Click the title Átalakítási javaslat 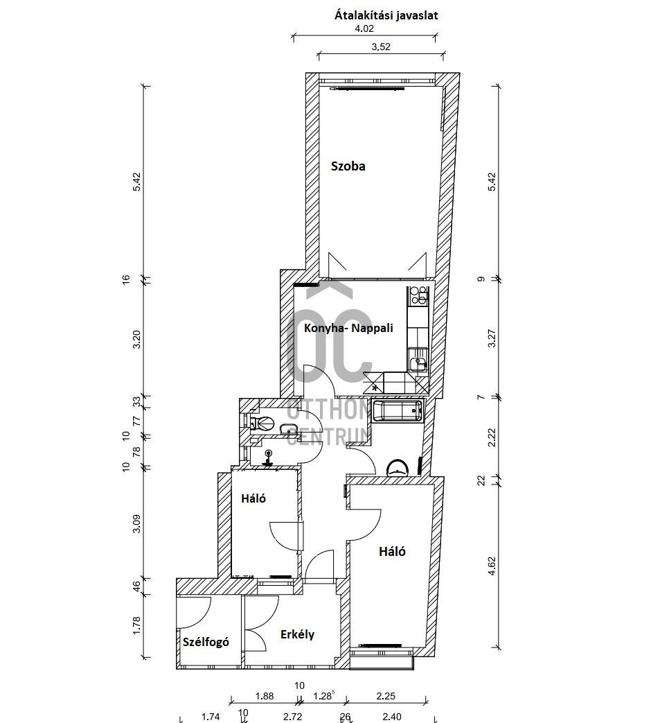(x=386, y=16)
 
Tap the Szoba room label (x=348, y=166)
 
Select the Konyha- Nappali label (x=348, y=329)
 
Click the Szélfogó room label (x=206, y=642)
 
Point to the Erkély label (x=298, y=634)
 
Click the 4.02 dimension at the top (x=364, y=28)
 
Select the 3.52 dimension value (x=381, y=47)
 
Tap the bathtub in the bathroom (x=397, y=410)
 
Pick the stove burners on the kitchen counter (x=418, y=295)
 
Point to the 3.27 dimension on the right (x=492, y=338)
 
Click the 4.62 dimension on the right (x=492, y=566)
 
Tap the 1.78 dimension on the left (x=137, y=626)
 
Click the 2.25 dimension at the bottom (x=386, y=696)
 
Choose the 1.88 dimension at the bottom (x=265, y=696)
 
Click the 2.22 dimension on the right (x=492, y=437)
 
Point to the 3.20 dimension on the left (x=137, y=339)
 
